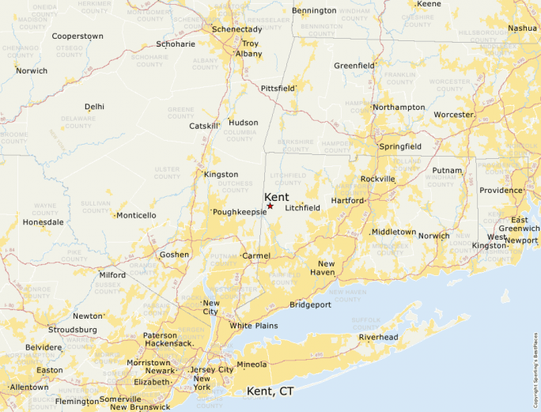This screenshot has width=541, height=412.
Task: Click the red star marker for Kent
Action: pyautogui.click(x=270, y=206)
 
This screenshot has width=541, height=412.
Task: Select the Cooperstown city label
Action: pyautogui.click(x=78, y=36)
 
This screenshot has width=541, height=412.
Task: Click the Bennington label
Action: pyautogui.click(x=314, y=10)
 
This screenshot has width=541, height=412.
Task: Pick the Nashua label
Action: pyautogui.click(x=522, y=28)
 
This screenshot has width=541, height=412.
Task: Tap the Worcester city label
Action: pyautogui.click(x=453, y=115)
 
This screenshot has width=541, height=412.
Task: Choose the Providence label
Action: pyautogui.click(x=501, y=191)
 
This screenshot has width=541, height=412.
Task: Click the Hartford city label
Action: pyautogui.click(x=347, y=201)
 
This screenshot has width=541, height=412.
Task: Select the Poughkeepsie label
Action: pyautogui.click(x=240, y=212)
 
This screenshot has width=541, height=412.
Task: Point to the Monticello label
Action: pyautogui.click(x=137, y=215)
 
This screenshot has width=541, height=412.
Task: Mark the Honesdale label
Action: pyautogui.click(x=43, y=222)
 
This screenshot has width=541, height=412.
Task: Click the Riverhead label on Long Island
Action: pyautogui.click(x=378, y=337)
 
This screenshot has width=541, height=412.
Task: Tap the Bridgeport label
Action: pyautogui.click(x=310, y=304)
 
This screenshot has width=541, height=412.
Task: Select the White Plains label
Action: pyautogui.click(x=254, y=326)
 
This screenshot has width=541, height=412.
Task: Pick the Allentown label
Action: pyautogui.click(x=29, y=387)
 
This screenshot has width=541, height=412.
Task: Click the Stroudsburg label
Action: pyautogui.click(x=72, y=329)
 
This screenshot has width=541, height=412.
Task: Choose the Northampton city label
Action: pyautogui.click(x=399, y=107)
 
